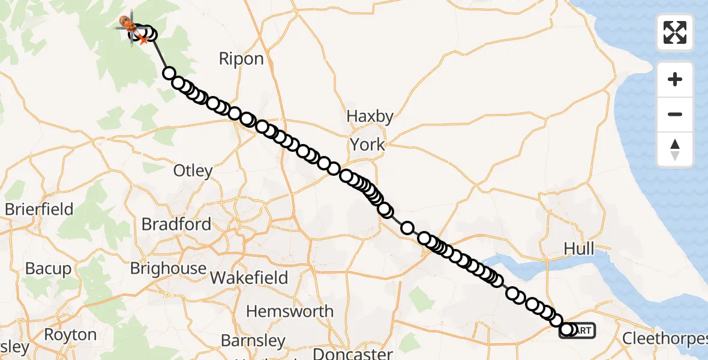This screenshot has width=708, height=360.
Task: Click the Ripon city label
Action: point(241,59)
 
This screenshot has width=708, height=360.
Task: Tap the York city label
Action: point(367,145)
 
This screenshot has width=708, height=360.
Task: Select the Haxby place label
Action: point(371,116)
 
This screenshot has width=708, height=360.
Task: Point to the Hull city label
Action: point(579,248)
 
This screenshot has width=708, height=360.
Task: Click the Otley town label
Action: point(193,170)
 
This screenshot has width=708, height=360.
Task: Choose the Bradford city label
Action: point(176,224)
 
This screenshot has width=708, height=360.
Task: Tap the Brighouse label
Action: point(169,268)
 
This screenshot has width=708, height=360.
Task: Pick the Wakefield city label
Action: point(249,278)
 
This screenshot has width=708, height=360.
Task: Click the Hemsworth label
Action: point(290,311)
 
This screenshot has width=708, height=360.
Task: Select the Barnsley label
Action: point(253,341)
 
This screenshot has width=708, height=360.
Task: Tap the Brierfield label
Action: point(39,209)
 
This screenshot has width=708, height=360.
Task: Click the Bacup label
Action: point(48,268)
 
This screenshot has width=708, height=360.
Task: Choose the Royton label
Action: point(70,334)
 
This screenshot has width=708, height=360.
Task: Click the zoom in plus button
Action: point(675,79)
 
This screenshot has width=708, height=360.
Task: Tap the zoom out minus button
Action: point(675,114)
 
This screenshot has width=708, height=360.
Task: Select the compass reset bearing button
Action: point(675,149)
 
